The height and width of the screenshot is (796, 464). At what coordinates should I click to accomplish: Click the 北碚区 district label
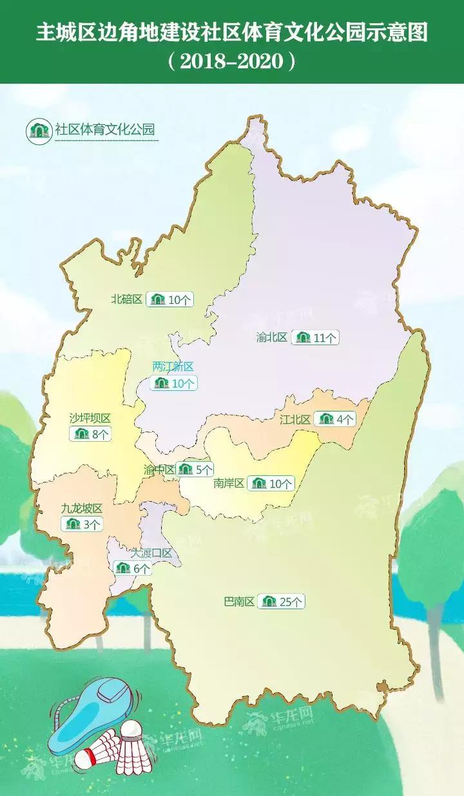tap(126, 299)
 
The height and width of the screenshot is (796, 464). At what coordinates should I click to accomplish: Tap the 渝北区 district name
tap(271, 337)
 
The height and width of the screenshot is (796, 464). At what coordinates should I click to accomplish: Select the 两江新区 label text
tap(173, 366)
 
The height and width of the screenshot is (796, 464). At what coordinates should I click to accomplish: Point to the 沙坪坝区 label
tap(90, 418)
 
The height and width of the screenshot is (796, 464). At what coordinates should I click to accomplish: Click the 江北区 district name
tap(295, 419)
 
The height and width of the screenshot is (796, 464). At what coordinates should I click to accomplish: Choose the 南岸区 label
tap(229, 483)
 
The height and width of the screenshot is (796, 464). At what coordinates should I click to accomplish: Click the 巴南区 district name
tap(239, 602)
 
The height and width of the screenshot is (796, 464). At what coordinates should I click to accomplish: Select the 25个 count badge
tap(282, 602)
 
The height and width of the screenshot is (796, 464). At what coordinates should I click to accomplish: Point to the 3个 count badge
tap(82, 524)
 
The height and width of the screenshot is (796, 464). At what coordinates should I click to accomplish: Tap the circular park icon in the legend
tap(38, 131)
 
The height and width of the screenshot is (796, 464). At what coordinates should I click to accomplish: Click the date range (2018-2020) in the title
tap(232, 61)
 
